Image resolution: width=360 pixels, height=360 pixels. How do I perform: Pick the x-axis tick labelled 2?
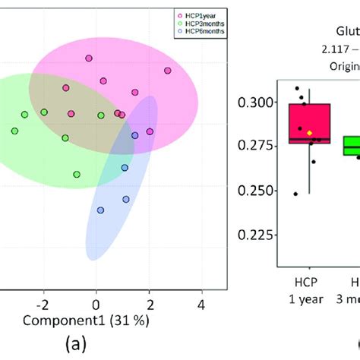click(149, 305)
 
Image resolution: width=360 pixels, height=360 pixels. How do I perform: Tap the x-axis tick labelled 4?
click(202, 305)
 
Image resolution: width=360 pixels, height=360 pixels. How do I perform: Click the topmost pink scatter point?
click(89, 58)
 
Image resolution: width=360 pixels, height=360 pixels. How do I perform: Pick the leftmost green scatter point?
click(14, 131)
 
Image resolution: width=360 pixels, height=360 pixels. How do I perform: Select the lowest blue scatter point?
click(100, 210)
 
